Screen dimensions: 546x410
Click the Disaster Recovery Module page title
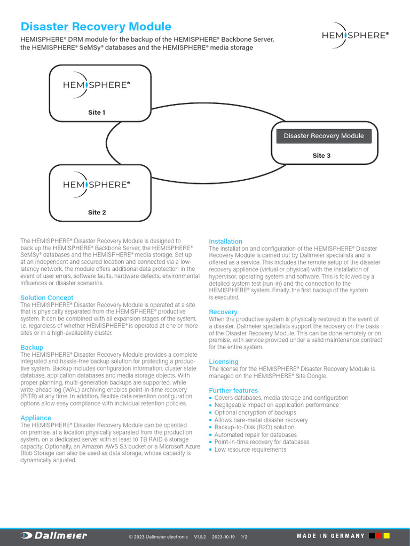pyautogui.click(x=96, y=27)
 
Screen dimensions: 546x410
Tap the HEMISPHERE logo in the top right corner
pyautogui.click(x=355, y=35)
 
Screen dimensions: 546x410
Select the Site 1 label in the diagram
pyautogui.click(x=97, y=113)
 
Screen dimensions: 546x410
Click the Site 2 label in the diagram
pyautogui.click(x=97, y=212)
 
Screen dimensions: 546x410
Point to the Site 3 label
pyautogui.click(x=321, y=156)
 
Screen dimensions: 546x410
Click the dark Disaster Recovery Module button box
pyautogui.click(x=324, y=136)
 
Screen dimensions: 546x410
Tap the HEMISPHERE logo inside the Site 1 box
pyautogui.click(x=97, y=85)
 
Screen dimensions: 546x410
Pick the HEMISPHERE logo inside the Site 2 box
pyautogui.click(x=97, y=184)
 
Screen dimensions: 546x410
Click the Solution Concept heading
pyautogui.click(x=47, y=298)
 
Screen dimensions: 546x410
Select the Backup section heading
pyautogui.click(x=31, y=347)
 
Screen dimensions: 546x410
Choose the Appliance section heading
pyautogui.click(x=36, y=418)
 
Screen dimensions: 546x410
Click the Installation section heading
pyautogui.click(x=225, y=242)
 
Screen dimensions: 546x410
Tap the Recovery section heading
pyautogui.click(x=223, y=312)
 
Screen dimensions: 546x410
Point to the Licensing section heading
pyautogui.click(x=224, y=362)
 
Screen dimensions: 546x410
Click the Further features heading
pyautogui.click(x=233, y=390)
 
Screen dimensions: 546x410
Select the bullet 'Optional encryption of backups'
pyautogui.click(x=255, y=413)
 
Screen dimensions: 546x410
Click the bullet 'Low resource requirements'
pyautogui.click(x=250, y=449)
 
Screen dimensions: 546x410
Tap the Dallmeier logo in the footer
pyautogui.click(x=53, y=536)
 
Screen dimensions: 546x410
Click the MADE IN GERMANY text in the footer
pyautogui.click(x=331, y=536)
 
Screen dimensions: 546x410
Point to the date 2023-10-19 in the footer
pyautogui.click(x=224, y=536)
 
